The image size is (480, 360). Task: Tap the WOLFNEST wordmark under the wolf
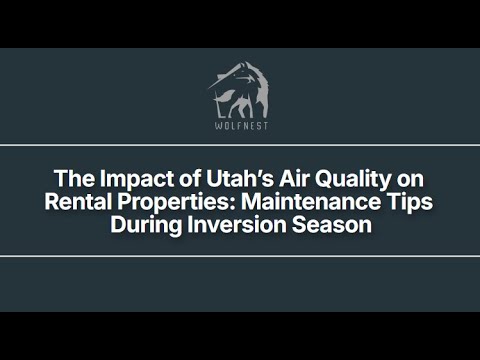tap(240, 126)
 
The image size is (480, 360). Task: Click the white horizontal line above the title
tap(240, 145)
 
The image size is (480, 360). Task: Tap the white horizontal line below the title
tap(240, 256)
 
